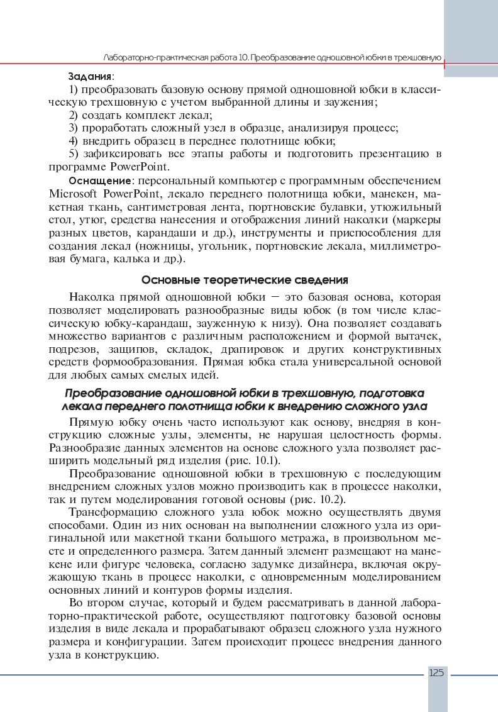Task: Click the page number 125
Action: coord(437,672)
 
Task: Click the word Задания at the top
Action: coord(90,75)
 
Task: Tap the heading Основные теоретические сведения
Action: coord(245,279)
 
